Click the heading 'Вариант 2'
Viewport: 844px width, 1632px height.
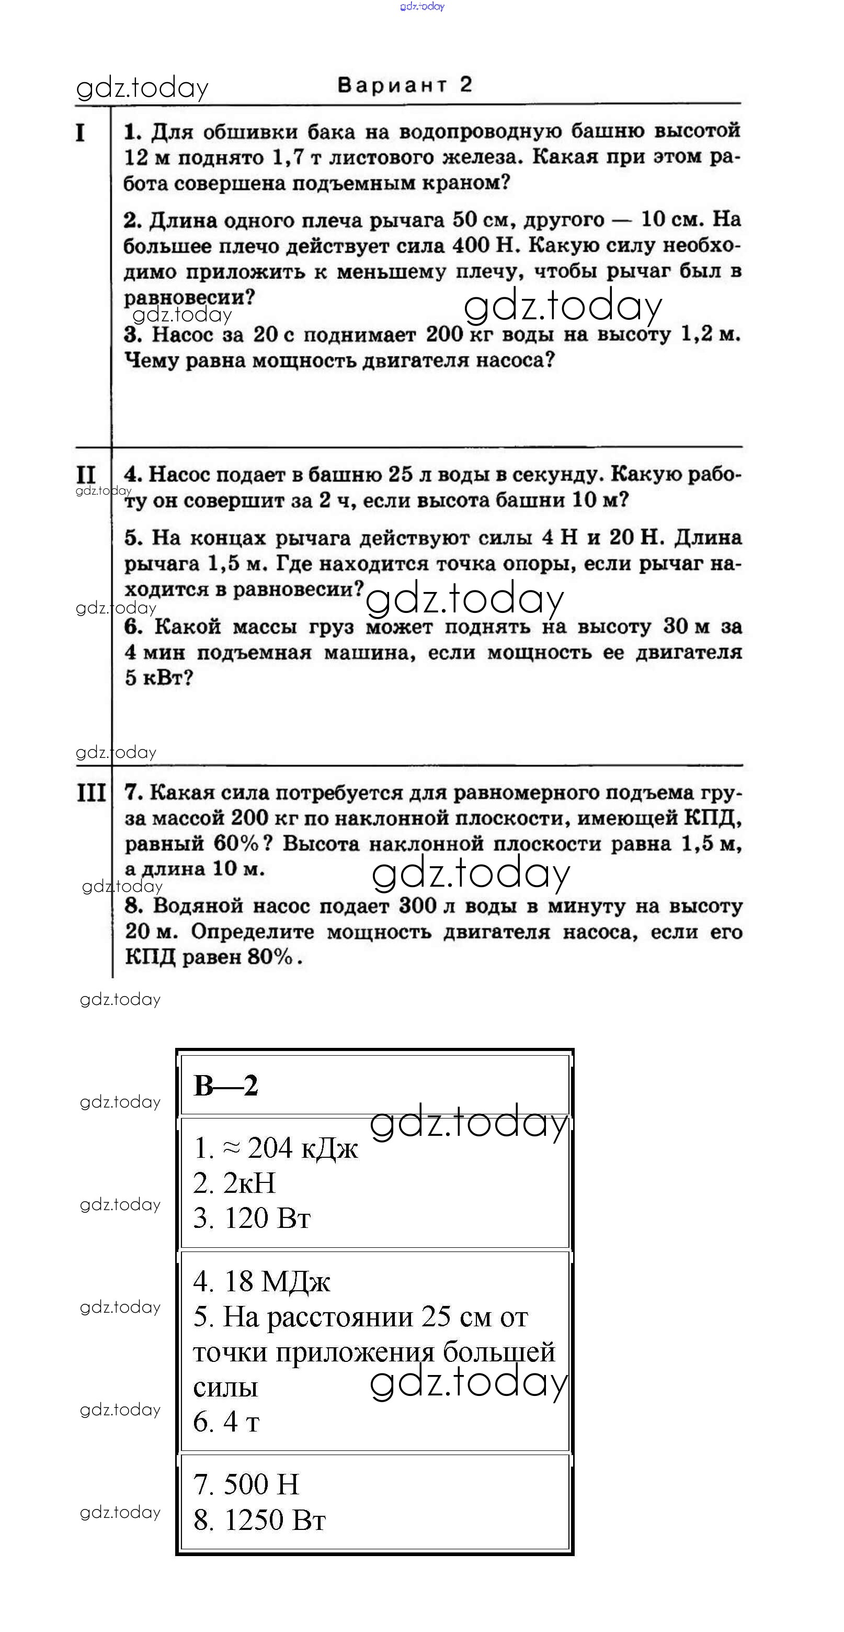(x=405, y=85)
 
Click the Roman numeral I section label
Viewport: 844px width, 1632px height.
(x=81, y=133)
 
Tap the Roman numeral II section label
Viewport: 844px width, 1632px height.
(x=85, y=475)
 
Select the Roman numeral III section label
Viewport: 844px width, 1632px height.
(x=91, y=792)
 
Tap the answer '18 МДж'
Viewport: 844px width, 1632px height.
(x=277, y=1282)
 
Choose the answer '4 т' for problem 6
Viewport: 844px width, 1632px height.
(x=241, y=1422)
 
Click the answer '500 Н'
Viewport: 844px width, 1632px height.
(x=261, y=1484)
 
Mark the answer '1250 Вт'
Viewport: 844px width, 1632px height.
(x=275, y=1520)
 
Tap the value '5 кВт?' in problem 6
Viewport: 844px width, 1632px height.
(x=158, y=678)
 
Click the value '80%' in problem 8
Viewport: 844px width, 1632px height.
(x=270, y=957)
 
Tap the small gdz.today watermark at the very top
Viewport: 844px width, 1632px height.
(x=423, y=6)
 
